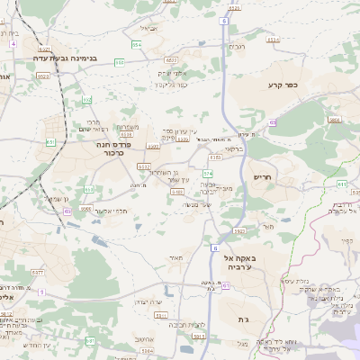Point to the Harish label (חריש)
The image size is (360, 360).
[x=263, y=176]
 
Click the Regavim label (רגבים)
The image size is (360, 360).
[x=238, y=46]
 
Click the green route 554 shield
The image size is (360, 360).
[x=138, y=43]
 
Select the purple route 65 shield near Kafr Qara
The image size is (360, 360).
[x=273, y=123]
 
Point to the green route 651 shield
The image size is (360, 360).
[x=50, y=142]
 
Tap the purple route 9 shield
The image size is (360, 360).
[x=42, y=291]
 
